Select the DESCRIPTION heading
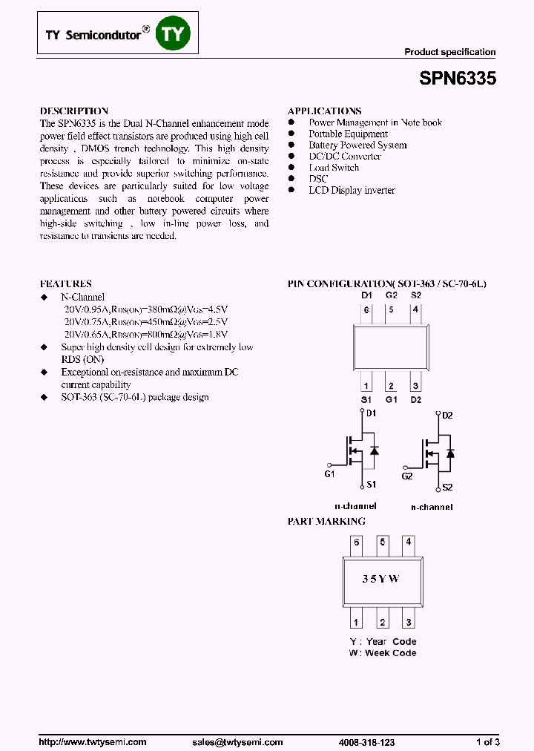pos(74,111)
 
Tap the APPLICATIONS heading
pos(324,111)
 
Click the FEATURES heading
pos(66,283)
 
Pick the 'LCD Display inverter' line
pos(352,190)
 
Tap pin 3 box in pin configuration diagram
pos(415,385)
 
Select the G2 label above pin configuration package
pos(392,295)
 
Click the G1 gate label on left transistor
pos(330,473)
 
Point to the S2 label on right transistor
pos(447,488)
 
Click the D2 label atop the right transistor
pos(447,416)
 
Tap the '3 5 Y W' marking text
pos(380,578)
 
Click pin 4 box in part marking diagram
pos(409,542)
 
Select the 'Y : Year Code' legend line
pos(383,641)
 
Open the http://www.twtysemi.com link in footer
pos(92,742)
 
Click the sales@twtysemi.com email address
pos(237,742)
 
